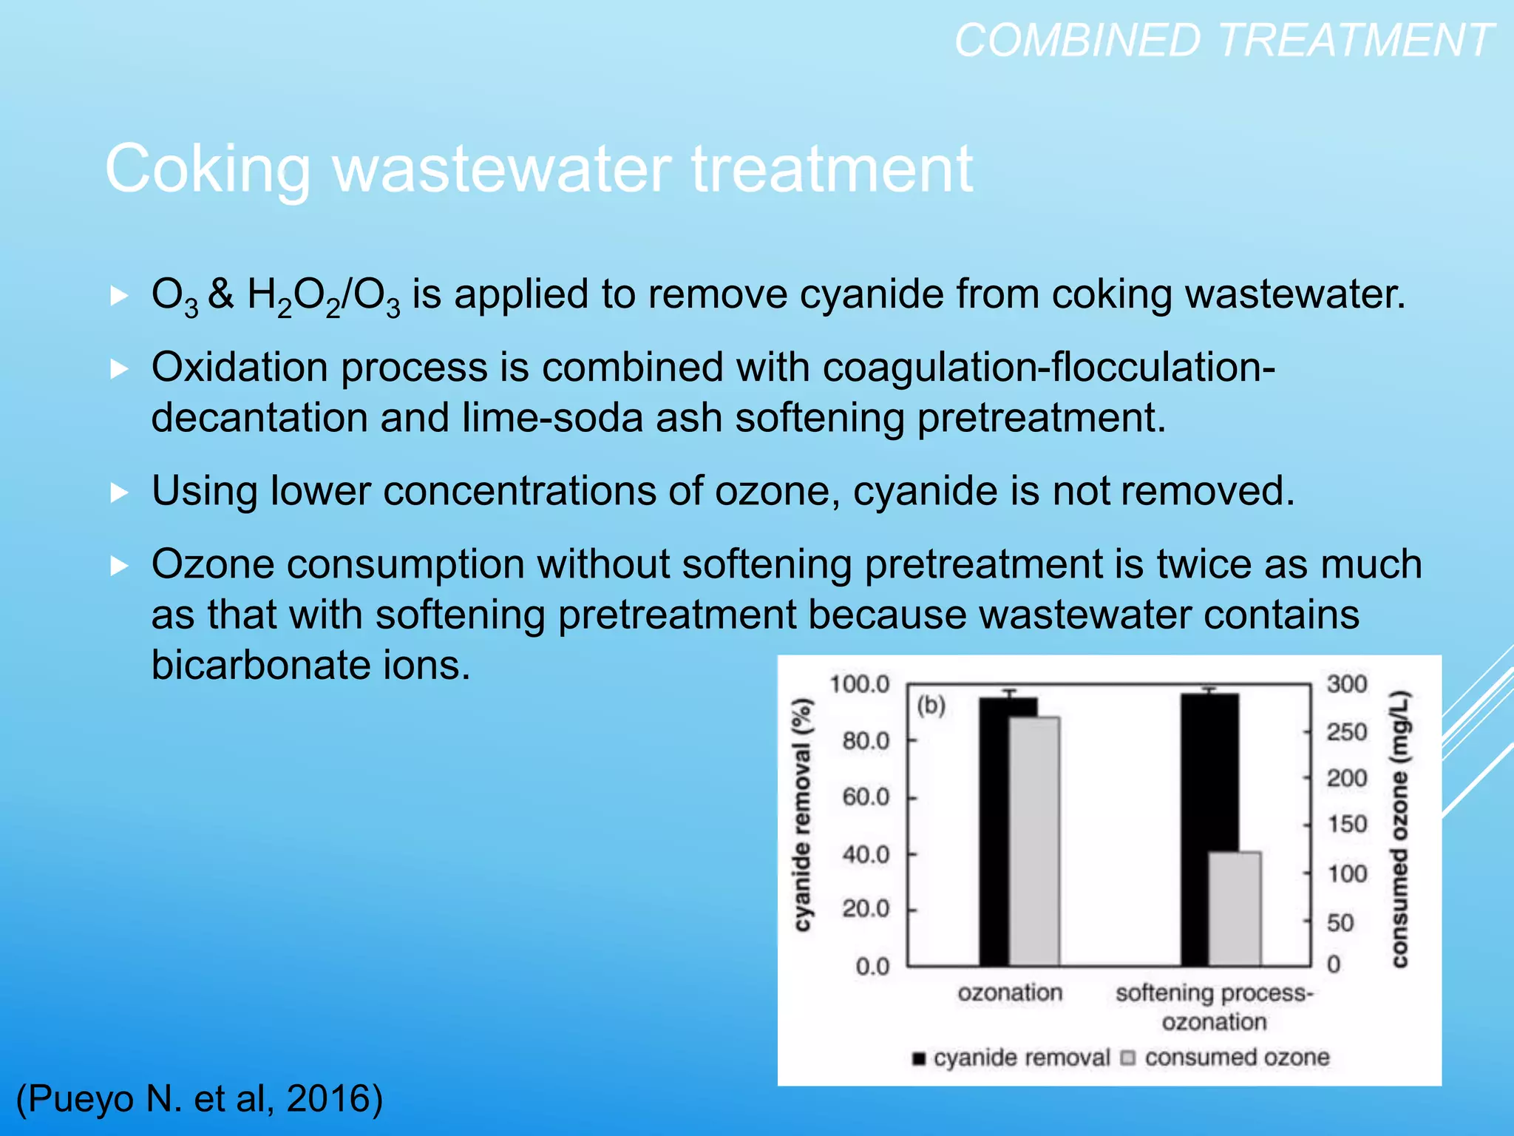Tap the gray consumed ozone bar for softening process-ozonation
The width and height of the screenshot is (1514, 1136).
1235,909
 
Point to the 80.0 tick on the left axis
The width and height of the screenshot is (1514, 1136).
866,740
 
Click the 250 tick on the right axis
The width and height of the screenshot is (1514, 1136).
1346,731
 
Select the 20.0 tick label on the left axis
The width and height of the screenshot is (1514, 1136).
866,909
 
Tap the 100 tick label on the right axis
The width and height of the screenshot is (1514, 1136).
1346,873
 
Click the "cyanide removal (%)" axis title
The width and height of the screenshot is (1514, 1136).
802,814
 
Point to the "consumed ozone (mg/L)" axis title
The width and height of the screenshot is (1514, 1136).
1399,828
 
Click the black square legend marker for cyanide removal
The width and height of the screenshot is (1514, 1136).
919,1058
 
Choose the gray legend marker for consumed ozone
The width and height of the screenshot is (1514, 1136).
1127,1058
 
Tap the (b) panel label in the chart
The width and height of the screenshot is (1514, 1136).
931,706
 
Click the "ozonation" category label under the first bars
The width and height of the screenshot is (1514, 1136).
1010,993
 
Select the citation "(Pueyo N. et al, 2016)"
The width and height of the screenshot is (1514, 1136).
200,1098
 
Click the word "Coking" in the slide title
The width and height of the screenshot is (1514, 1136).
208,169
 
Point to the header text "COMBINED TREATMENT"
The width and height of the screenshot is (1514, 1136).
1223,40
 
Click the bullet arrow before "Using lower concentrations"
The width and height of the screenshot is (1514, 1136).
119,492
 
